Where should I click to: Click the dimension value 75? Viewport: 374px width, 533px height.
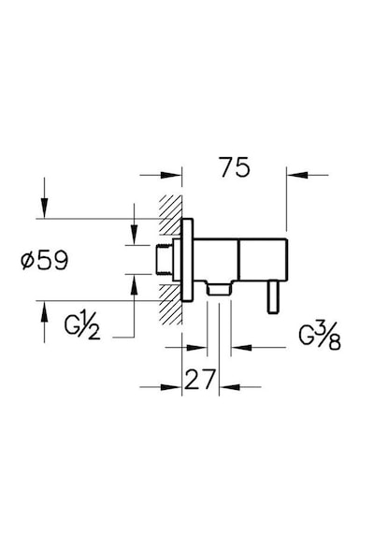point(235,167)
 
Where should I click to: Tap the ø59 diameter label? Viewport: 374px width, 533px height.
point(45,260)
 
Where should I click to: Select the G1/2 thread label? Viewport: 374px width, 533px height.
point(82,326)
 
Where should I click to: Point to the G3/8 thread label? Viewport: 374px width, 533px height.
point(320,338)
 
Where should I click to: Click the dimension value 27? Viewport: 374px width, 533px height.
point(200,380)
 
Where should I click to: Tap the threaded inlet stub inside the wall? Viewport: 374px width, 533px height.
point(165,260)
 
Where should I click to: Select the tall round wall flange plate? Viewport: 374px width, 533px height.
point(187,260)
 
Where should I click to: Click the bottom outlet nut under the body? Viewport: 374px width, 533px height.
point(219,288)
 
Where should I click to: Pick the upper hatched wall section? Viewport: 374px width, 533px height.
point(170,215)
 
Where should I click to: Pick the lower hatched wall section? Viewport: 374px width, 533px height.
point(170,304)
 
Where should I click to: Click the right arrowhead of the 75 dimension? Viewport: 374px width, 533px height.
point(297,175)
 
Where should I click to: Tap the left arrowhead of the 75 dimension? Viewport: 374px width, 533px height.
point(171,175)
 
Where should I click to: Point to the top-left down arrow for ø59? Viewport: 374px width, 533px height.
point(44,207)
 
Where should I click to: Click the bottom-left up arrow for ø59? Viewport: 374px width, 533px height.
point(44,311)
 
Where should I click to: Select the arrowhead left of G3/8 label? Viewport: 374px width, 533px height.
point(241,348)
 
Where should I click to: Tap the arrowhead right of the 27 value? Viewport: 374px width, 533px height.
point(229,387)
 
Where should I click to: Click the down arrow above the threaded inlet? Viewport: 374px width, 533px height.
point(135,234)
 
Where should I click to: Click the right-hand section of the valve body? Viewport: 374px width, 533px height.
point(264,260)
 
